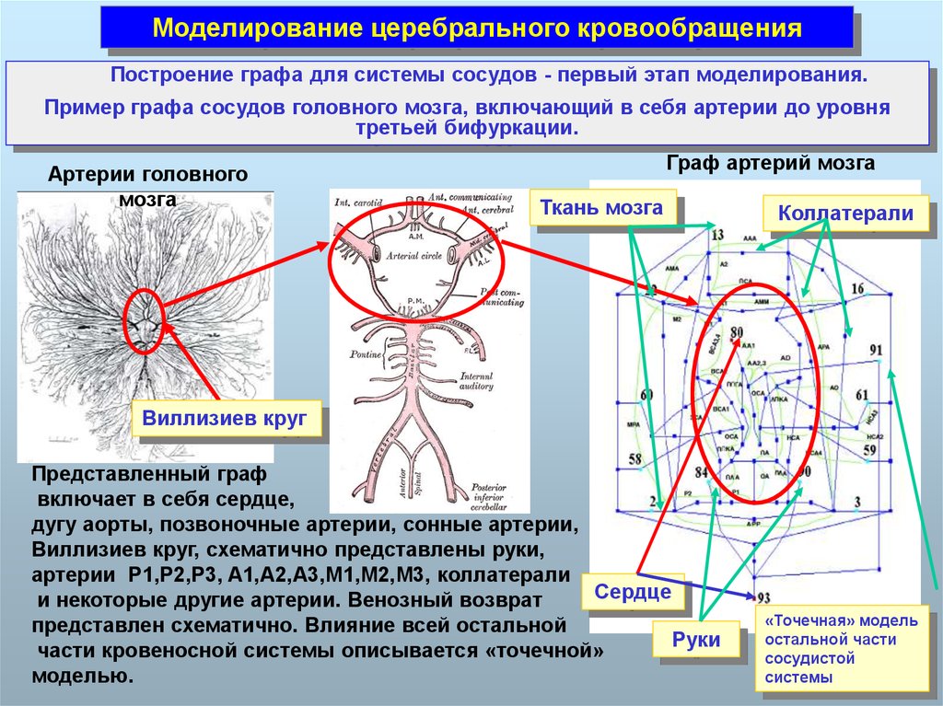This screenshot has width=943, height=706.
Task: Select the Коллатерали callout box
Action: pos(844,214)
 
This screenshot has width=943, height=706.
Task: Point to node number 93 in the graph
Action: pos(763,597)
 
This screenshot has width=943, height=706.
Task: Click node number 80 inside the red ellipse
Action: pos(736,331)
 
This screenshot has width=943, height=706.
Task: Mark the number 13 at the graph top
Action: pos(718,236)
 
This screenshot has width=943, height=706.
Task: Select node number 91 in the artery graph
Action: pos(875,350)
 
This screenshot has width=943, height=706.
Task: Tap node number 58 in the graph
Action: pos(634,458)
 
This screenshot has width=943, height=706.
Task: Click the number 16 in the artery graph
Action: pos(857,289)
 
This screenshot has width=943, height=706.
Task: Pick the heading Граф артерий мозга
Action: pos(770,164)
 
